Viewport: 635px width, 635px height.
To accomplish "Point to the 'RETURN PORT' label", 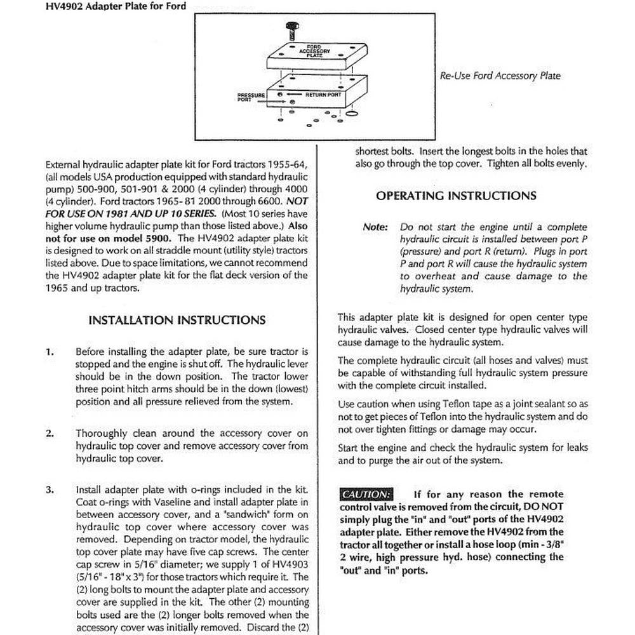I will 323,95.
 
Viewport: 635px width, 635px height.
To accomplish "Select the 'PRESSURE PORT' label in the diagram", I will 251,97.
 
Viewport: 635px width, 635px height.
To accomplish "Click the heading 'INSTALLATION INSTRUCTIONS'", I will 177,320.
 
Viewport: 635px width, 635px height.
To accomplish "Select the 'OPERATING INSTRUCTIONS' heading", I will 456,196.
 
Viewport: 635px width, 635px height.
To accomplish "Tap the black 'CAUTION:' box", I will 366,494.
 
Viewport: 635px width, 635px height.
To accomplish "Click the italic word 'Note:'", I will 375,227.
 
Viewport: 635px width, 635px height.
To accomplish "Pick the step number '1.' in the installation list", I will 50,351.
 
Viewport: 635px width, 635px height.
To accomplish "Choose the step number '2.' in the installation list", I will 50,433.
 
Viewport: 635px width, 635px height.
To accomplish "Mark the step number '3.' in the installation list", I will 50,490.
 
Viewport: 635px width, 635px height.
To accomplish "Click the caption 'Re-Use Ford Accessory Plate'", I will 500,76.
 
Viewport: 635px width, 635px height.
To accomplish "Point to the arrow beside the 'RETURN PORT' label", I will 298,95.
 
